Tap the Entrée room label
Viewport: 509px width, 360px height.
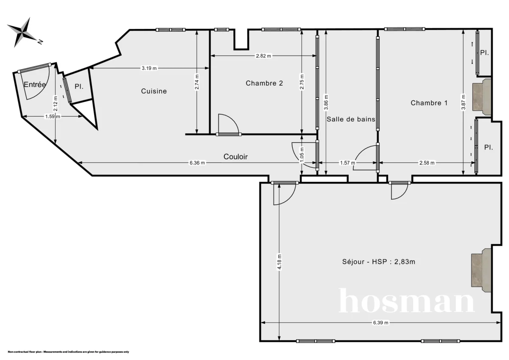pos(34,85)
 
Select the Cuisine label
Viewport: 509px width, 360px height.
pos(154,91)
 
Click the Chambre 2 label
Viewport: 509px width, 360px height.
pos(264,83)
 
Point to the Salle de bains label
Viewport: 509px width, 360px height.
pos(351,119)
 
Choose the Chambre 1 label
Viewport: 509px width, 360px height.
pos(429,103)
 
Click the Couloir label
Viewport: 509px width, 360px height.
pos(235,156)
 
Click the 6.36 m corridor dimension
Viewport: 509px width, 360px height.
pos(197,163)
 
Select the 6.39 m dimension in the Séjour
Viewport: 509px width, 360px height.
pos(380,323)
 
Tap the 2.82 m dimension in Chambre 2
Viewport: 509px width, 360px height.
pos(263,56)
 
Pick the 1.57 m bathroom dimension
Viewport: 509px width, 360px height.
pos(347,163)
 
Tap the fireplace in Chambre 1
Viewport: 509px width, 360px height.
pos(481,97)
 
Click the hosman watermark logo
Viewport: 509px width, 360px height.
pos(406,301)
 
